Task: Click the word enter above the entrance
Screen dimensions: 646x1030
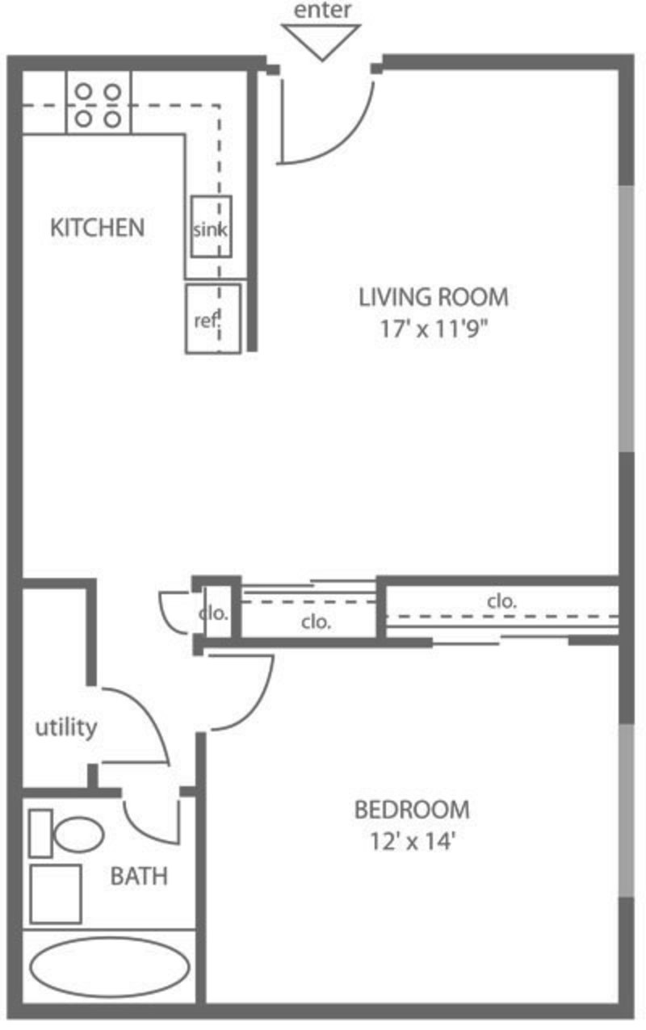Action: pyautogui.click(x=322, y=10)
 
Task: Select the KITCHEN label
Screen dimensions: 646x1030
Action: pyautogui.click(x=97, y=228)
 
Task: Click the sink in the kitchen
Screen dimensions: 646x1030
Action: pyautogui.click(x=212, y=226)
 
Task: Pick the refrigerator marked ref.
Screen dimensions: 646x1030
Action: pyautogui.click(x=213, y=319)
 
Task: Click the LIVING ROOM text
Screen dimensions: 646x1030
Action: pyautogui.click(x=434, y=297)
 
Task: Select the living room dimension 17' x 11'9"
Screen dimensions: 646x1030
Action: pyautogui.click(x=434, y=329)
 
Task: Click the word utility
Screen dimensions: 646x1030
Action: pyautogui.click(x=66, y=727)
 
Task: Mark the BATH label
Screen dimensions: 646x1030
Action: pyautogui.click(x=139, y=876)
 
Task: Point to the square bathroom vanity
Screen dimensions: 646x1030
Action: pyautogui.click(x=56, y=894)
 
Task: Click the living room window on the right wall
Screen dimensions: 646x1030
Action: pyautogui.click(x=626, y=318)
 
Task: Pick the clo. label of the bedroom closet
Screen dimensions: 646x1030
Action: pyautogui.click(x=501, y=601)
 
